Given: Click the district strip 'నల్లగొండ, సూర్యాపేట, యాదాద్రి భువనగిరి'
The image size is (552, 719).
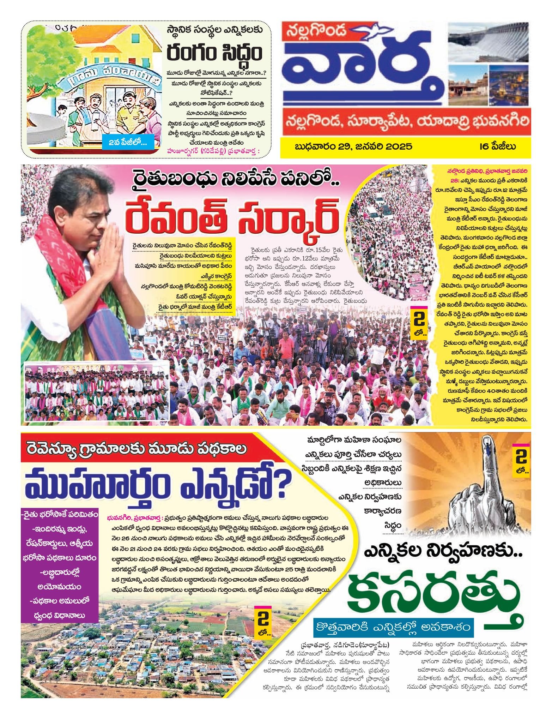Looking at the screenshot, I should coord(406,122).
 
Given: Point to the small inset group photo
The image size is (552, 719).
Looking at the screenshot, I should coord(95,392).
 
